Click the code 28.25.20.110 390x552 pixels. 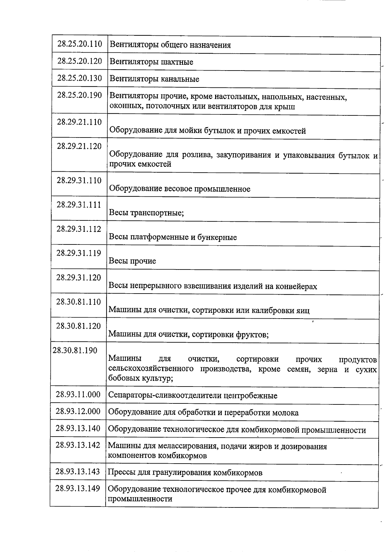(80, 44)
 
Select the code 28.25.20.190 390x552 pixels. (80, 95)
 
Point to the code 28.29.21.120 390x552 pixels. (79, 146)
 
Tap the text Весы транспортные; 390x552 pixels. (146, 213)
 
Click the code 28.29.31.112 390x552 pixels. (79, 229)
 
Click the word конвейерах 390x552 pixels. (296, 286)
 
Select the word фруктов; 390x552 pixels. (252, 334)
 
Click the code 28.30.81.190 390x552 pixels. (75, 351)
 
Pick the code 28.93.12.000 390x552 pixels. (78, 412)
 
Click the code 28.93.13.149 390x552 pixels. (78, 489)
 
